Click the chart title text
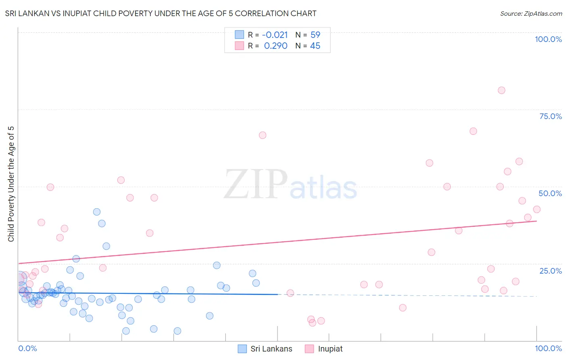[161, 13]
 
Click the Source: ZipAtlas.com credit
[531, 13]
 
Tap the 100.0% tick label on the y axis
[548, 39]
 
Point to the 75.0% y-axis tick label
[550, 116]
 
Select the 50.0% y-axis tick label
[550, 193]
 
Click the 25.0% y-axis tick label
[550, 270]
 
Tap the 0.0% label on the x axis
[27, 348]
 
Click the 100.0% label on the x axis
[548, 348]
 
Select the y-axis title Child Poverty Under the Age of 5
[11, 184]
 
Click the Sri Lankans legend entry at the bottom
[271, 349]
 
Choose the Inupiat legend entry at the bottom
[330, 349]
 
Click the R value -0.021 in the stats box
[275, 35]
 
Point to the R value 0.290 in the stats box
[275, 46]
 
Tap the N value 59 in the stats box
[315, 35]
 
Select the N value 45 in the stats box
[315, 46]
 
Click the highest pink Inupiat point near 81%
[501, 90]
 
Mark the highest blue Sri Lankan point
[97, 212]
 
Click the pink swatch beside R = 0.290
[240, 46]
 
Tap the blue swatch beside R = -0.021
[240, 35]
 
